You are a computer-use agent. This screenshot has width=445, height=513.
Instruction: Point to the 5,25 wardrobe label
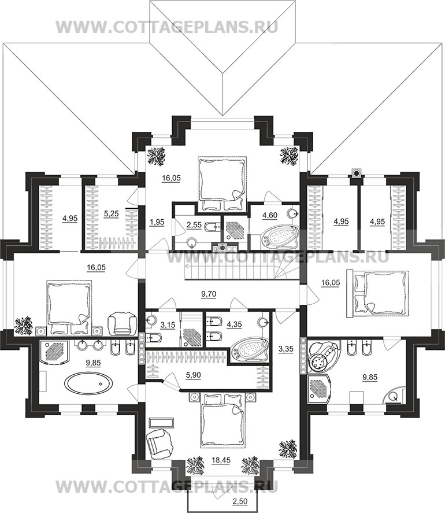pos(111,213)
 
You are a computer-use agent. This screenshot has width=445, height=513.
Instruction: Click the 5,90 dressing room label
pos(193,375)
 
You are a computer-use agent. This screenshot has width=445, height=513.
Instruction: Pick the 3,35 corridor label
pos(286,349)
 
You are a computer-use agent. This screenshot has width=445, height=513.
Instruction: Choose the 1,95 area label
pos(157,222)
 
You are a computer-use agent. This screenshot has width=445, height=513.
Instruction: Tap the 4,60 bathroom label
pos(270,215)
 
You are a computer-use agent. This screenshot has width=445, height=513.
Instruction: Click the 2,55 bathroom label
pos(193,225)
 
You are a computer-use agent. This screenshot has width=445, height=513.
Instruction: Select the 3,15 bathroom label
pos(168,325)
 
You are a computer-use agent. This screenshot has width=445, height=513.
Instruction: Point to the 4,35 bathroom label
pos(234,325)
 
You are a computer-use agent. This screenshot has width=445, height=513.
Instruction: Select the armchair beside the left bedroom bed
pos(122,323)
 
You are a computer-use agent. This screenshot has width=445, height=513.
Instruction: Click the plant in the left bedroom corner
pos(24,326)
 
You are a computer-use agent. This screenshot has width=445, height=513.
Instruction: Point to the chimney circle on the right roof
pos(357,172)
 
